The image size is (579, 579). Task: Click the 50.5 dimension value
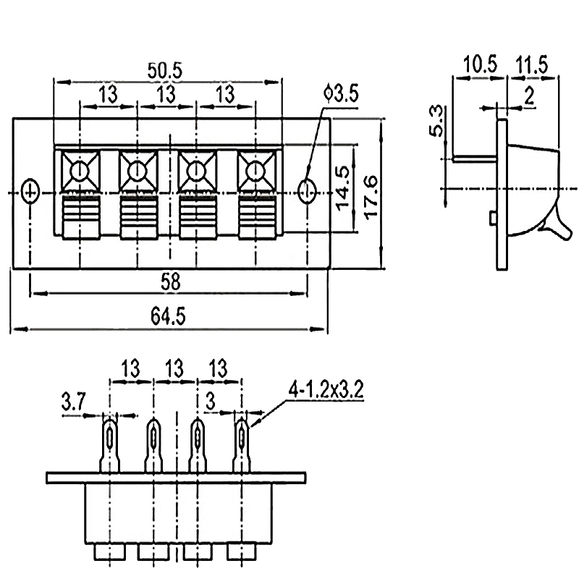(165, 70)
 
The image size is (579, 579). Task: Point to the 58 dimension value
(170, 281)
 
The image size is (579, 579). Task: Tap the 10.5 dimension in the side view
(481, 64)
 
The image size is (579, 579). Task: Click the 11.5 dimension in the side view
(532, 64)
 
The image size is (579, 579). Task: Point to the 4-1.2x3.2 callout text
(326, 391)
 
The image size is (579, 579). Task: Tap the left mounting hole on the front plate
(30, 192)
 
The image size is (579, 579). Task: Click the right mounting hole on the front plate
(307, 192)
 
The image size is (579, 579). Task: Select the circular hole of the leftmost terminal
(78, 172)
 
